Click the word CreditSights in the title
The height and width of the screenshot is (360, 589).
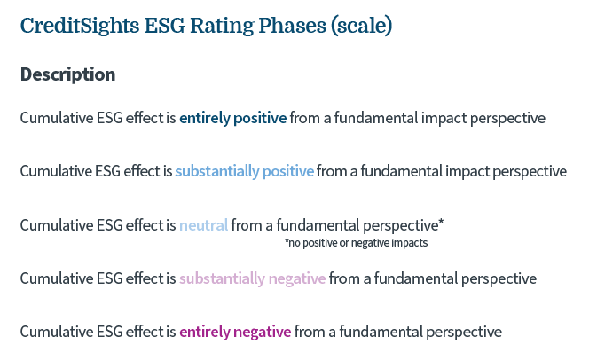(x=80, y=26)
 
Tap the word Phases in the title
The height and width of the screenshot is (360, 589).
(x=292, y=26)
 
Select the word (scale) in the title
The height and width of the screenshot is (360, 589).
(x=362, y=26)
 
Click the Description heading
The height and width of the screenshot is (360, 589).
(x=68, y=74)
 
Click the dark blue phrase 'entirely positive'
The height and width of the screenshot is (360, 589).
(x=233, y=118)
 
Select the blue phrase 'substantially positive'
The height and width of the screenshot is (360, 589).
(x=245, y=171)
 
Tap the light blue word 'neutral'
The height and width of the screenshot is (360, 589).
(x=204, y=225)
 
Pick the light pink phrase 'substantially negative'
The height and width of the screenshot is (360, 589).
(x=253, y=278)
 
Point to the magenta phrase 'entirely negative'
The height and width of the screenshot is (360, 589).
(x=235, y=332)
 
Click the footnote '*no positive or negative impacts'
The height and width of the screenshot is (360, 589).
(x=356, y=243)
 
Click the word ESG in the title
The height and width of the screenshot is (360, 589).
(x=165, y=26)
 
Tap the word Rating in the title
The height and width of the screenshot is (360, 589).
(x=222, y=26)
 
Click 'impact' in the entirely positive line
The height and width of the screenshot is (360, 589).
(x=444, y=118)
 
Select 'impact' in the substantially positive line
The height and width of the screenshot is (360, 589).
(x=467, y=171)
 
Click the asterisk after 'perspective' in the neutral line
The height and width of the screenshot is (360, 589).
(x=441, y=222)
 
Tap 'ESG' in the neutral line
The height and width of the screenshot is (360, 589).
(x=110, y=225)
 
